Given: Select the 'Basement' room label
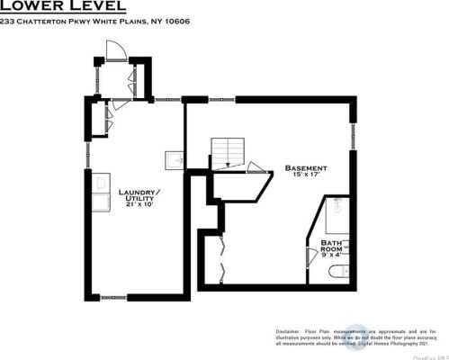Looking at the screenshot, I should (305, 167).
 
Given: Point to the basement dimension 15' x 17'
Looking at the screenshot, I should (305, 175).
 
